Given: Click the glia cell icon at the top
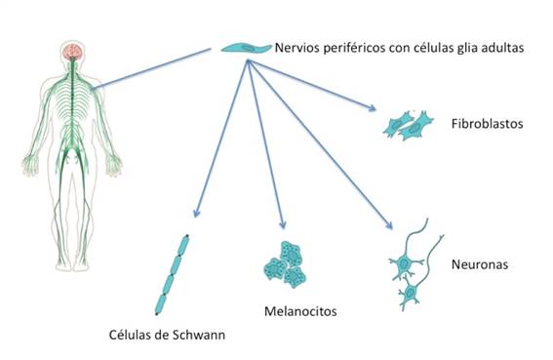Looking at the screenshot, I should pyautogui.click(x=244, y=47).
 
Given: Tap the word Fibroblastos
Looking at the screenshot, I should pyautogui.click(x=487, y=124).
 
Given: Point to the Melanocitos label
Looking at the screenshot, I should pyautogui.click(x=300, y=312).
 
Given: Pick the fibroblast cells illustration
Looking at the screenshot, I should pyautogui.click(x=409, y=123).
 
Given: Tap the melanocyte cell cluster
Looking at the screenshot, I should pyautogui.click(x=285, y=264).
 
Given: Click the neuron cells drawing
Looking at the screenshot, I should pyautogui.click(x=414, y=268).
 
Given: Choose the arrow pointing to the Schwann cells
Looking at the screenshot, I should pyautogui.click(x=222, y=138).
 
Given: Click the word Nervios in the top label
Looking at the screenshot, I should pyautogui.click(x=298, y=47).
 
